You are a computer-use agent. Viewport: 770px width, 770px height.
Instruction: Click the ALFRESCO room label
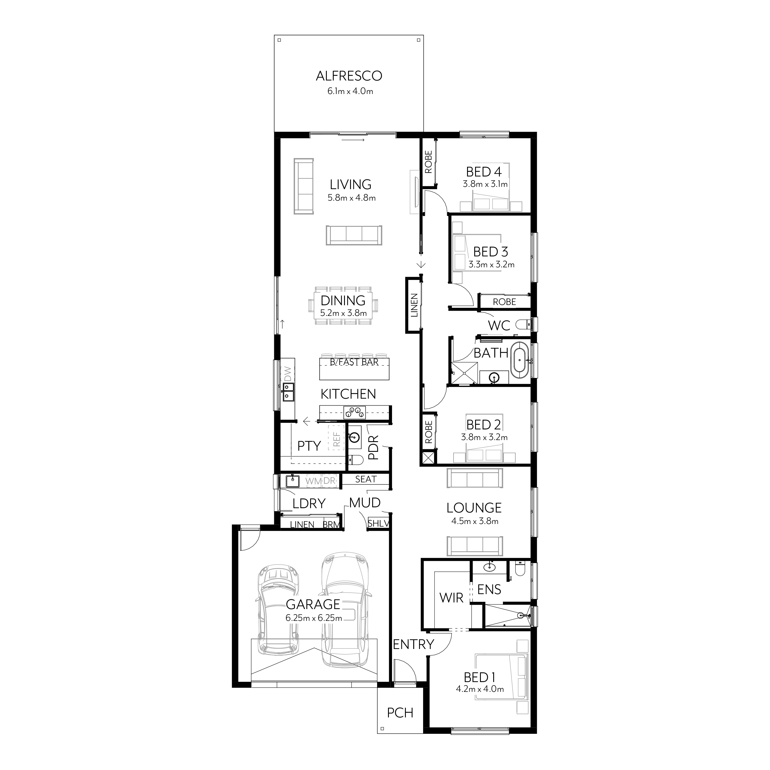[349, 76]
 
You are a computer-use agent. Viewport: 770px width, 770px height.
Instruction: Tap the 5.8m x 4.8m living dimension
[352, 198]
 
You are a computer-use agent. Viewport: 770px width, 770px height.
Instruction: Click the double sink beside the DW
[288, 391]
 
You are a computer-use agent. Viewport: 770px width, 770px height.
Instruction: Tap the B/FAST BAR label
[354, 362]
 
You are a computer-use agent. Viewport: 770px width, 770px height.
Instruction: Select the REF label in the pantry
[337, 439]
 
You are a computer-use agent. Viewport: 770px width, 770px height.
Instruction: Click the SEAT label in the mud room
[366, 479]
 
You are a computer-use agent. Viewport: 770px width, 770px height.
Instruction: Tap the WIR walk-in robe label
[451, 598]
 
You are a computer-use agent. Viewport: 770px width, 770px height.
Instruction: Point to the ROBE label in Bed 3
[504, 302]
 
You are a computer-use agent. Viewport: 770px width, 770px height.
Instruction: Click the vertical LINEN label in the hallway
[414, 305]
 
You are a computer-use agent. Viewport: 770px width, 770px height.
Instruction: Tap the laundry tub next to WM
[293, 481]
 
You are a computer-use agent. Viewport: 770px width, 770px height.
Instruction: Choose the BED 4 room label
[483, 172]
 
